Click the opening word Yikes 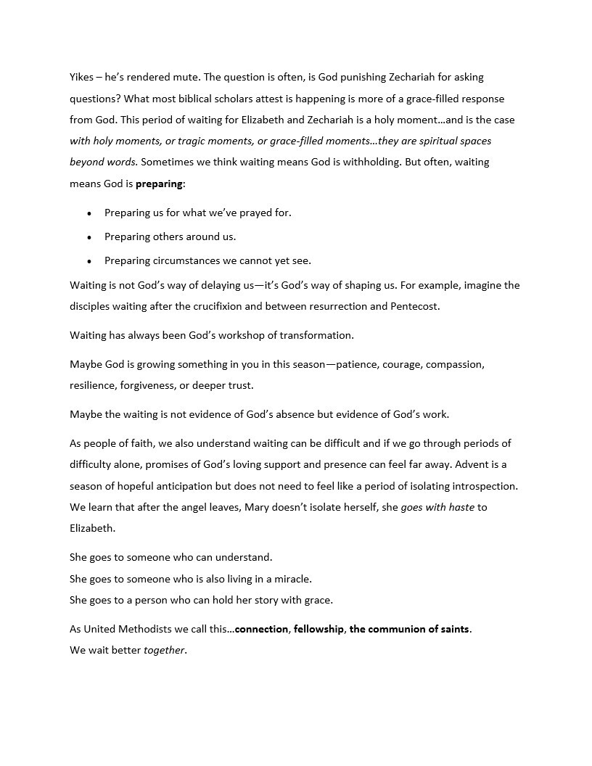pyautogui.click(x=82, y=77)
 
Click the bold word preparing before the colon pyautogui.click(x=159, y=184)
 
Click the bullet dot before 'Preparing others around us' pyautogui.click(x=89, y=236)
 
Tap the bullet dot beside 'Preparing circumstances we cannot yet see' pyautogui.click(x=89, y=260)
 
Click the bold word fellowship pyautogui.click(x=318, y=629)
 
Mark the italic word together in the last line pyautogui.click(x=165, y=650)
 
